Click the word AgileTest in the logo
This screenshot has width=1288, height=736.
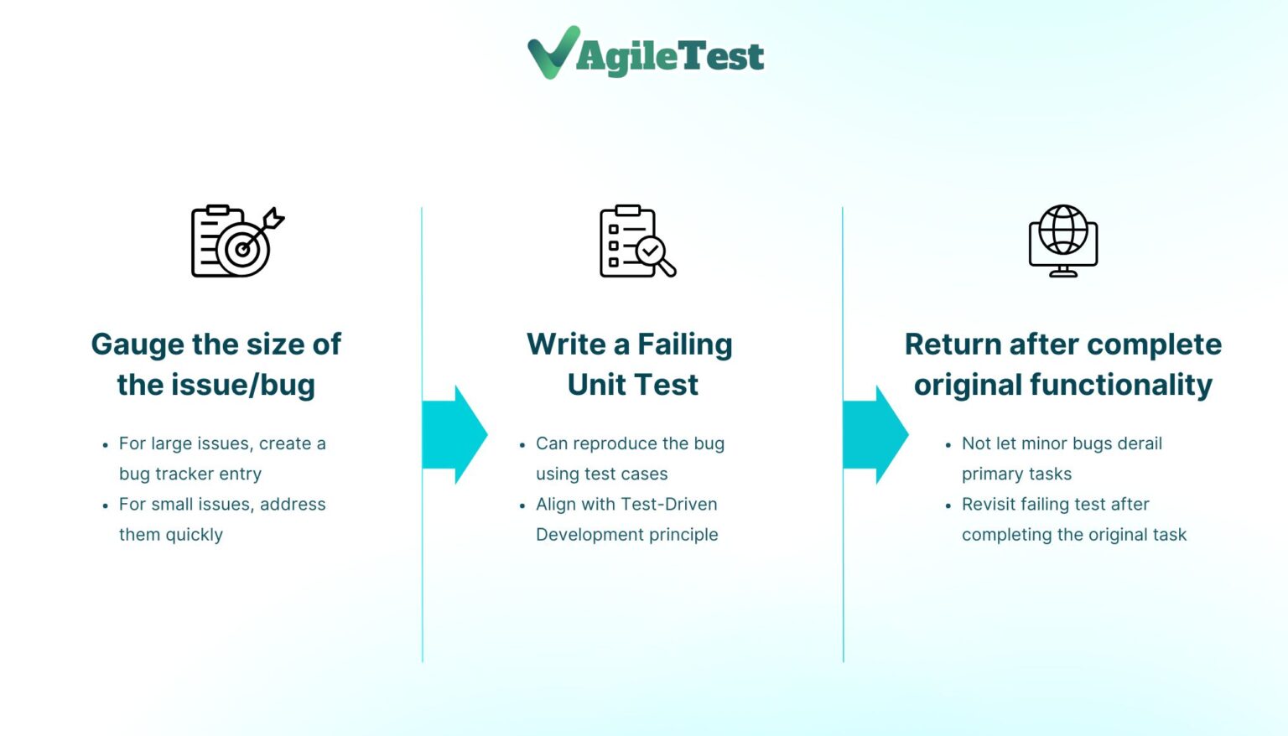point(670,57)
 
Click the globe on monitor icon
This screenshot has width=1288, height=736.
point(1063,241)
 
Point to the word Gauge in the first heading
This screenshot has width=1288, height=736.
point(138,345)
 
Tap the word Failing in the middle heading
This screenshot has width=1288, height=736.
point(684,345)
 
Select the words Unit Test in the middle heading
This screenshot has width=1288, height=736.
point(632,385)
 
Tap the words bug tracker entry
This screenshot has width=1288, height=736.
point(190,474)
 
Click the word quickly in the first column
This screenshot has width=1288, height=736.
point(194,535)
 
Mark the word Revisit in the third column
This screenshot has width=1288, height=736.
point(989,505)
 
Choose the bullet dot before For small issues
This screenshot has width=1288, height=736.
point(105,505)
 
